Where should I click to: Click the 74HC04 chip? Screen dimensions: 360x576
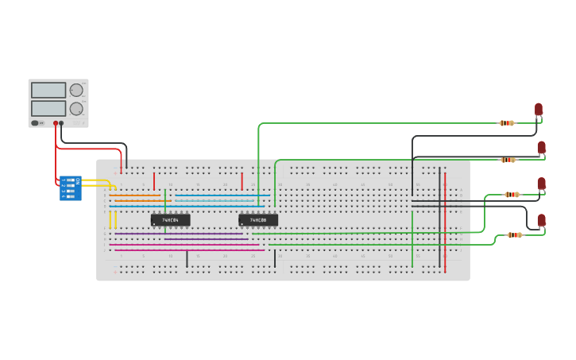170,220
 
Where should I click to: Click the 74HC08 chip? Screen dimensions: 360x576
258,220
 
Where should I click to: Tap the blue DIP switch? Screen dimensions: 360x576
70,188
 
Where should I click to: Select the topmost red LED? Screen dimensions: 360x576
539,110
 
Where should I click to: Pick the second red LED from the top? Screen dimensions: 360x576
541,147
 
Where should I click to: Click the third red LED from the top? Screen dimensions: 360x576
542,184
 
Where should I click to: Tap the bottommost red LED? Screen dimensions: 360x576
542,220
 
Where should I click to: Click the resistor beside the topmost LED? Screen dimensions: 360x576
507,123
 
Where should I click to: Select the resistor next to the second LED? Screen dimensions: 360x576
508,160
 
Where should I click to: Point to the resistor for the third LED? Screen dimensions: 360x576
512,195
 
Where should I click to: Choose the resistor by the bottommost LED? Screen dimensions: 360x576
515,235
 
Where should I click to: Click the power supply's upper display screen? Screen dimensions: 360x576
48,91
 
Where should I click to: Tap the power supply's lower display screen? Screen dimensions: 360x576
48,107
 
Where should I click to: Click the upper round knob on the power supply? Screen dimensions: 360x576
76,90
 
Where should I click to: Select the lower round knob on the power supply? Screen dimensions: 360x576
76,108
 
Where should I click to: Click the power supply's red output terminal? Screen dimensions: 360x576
56,124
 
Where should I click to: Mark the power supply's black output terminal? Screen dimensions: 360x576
62,124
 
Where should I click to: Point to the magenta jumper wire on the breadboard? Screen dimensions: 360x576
191,250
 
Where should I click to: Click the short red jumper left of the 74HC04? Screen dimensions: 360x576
154,181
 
